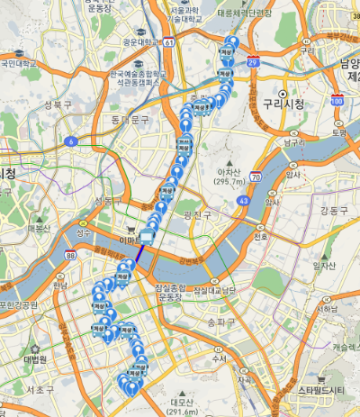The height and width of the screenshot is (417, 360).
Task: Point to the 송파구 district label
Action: tap(220, 321)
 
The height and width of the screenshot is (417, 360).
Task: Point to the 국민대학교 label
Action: tap(19, 64)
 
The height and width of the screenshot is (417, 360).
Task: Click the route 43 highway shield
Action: tap(244, 201)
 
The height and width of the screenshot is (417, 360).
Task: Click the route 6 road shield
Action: tap(70, 141)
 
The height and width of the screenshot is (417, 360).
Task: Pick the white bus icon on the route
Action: tap(146, 237)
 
